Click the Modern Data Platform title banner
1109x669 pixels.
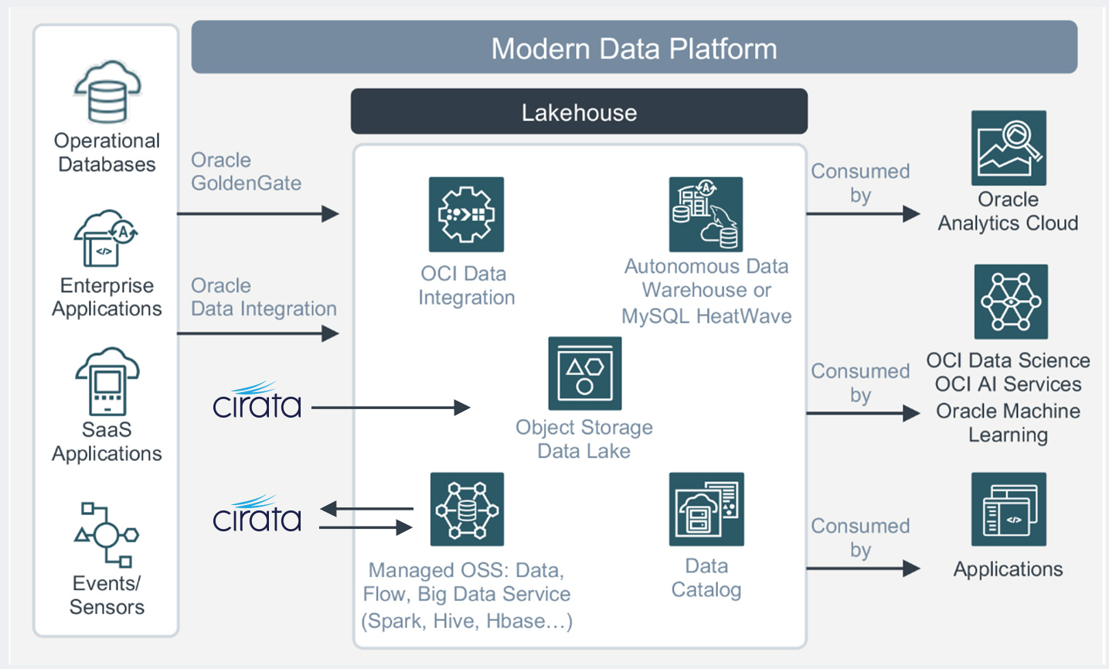pyautogui.click(x=634, y=48)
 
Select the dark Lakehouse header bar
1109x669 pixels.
pyautogui.click(x=579, y=112)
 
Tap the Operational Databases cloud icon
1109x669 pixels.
pyautogui.click(x=107, y=92)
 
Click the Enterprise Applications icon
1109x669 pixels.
pyautogui.click(x=106, y=239)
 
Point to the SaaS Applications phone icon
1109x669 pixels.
pyautogui.click(x=107, y=381)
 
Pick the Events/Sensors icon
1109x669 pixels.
pyautogui.click(x=107, y=534)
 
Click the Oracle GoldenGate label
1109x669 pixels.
pyautogui.click(x=246, y=172)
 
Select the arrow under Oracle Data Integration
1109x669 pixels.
pyautogui.click(x=258, y=333)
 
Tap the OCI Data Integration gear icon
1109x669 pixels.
pyautogui.click(x=466, y=214)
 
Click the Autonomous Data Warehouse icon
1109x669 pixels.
pyautogui.click(x=706, y=214)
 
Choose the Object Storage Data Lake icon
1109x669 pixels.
pyautogui.click(x=584, y=374)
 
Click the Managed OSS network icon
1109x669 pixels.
pyautogui.click(x=467, y=510)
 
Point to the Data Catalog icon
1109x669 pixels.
pyautogui.click(x=706, y=510)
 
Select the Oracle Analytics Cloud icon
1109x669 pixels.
pyautogui.click(x=1009, y=148)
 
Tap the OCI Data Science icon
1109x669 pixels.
pyautogui.click(x=1011, y=302)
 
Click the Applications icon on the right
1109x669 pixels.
pyautogui.click(x=1009, y=510)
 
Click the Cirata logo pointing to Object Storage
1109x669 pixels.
pyautogui.click(x=257, y=401)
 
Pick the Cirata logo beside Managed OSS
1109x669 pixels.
pyautogui.click(x=257, y=514)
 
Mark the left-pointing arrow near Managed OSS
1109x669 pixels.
pyautogui.click(x=366, y=509)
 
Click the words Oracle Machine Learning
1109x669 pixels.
pyautogui.click(x=1008, y=422)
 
